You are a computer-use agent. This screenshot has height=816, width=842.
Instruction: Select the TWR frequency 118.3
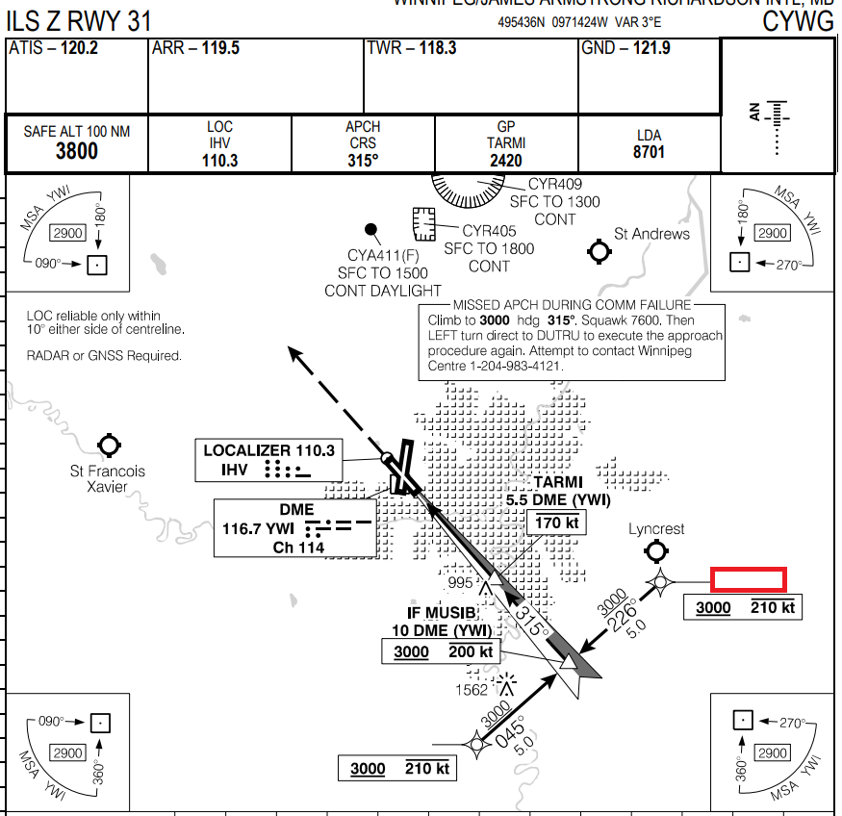[437, 48]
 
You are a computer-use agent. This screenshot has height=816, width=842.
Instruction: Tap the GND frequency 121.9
[651, 48]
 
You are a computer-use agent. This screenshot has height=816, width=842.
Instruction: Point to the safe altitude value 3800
[77, 151]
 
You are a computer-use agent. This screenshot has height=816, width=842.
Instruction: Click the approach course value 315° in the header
[363, 161]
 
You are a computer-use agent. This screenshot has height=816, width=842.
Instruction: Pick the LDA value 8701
[649, 152]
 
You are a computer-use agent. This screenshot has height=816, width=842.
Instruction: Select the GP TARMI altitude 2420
[506, 161]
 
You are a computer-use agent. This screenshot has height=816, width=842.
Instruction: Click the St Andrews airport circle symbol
[600, 252]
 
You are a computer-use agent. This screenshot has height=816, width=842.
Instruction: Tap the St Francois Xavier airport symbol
[109, 446]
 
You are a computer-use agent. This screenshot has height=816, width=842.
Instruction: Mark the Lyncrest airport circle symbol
[657, 551]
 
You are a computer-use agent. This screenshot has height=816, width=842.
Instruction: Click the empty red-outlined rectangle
[749, 579]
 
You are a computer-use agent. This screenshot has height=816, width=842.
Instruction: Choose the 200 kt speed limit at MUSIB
[472, 652]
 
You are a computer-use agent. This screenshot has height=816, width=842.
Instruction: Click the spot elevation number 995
[461, 583]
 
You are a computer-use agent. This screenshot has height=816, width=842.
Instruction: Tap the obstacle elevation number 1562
[472, 690]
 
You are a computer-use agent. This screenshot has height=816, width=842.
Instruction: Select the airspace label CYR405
[489, 231]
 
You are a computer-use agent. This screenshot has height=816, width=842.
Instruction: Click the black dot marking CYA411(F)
[370, 229]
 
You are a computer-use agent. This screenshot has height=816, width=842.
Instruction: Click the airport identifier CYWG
[798, 21]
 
